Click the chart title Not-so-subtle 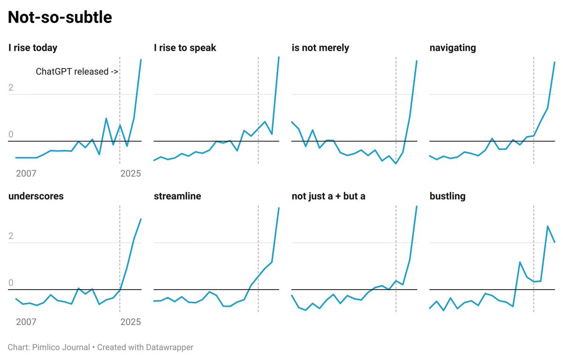tap(60, 17)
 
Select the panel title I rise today tap(33, 47)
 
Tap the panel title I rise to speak tap(185, 47)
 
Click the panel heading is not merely tap(320, 47)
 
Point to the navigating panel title tap(453, 47)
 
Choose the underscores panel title tap(36, 196)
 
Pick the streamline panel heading tap(177, 196)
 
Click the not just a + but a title tap(328, 196)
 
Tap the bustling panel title tap(448, 196)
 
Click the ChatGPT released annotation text tap(77, 72)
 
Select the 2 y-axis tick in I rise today tap(11, 88)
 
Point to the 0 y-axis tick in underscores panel tap(11, 283)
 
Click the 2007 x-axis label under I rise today tap(26, 174)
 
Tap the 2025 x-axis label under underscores tap(130, 322)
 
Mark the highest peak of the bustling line tap(548, 226)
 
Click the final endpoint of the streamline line tap(279, 208)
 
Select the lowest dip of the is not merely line tap(396, 163)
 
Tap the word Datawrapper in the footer tap(169, 347)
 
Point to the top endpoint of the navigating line tap(555, 62)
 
